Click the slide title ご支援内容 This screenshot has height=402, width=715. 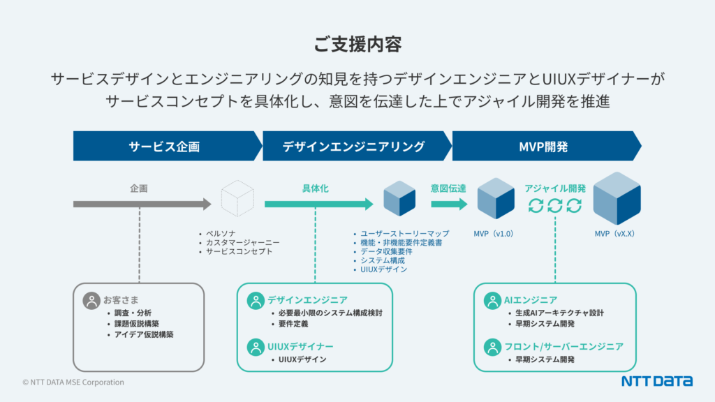click(x=357, y=44)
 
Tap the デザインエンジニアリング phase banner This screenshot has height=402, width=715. click(x=353, y=147)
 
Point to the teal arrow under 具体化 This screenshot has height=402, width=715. click(x=318, y=204)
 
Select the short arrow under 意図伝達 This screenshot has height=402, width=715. click(x=449, y=204)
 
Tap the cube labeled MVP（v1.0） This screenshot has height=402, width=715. click(x=495, y=199)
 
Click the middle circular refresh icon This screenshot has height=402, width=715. click(x=554, y=205)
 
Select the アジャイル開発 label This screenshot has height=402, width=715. click(x=555, y=188)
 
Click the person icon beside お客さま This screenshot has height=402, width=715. click(x=91, y=301)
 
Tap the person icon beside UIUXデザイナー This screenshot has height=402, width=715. click(x=255, y=346)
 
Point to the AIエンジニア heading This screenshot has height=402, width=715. click(x=530, y=300)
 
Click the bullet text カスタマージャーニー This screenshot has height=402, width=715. click(x=239, y=242)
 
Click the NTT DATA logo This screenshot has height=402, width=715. click(x=656, y=381)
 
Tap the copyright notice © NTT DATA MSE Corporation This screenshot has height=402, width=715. click(x=73, y=382)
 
